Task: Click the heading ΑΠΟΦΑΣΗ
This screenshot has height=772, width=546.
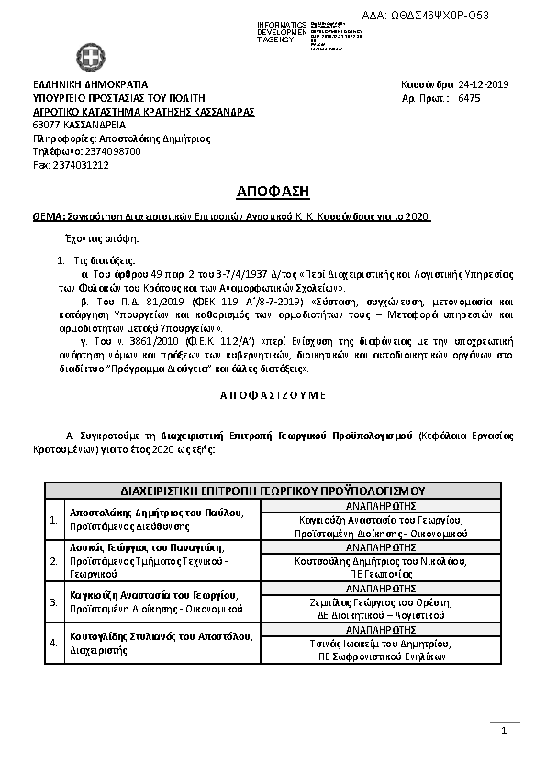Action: (x=272, y=192)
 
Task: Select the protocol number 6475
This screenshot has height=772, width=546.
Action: (x=468, y=95)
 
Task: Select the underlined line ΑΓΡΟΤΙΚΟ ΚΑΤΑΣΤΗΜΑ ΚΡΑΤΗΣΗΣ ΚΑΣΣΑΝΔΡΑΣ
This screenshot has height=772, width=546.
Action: (x=143, y=111)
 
